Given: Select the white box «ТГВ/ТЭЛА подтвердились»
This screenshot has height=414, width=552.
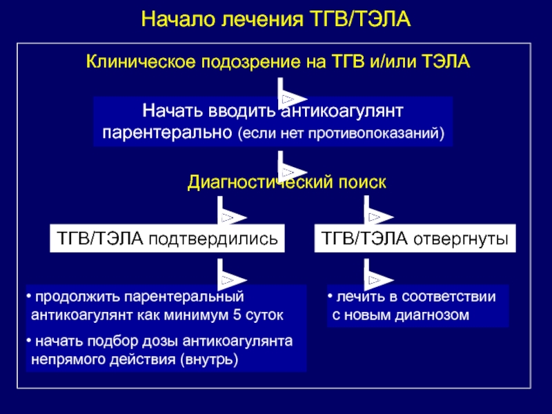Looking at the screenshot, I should click(167, 239).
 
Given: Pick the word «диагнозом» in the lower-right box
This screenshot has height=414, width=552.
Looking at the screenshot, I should click(436, 315).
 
